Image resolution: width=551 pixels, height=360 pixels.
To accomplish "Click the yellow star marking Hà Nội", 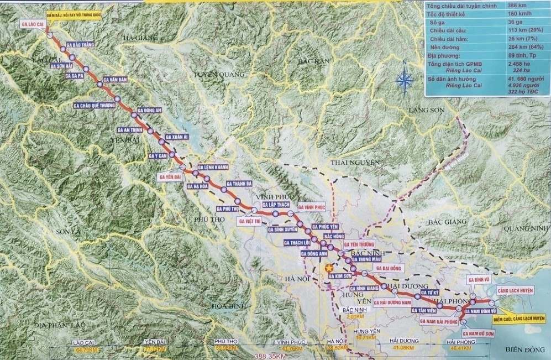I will click(322, 268).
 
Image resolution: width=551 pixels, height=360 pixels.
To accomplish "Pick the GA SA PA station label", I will click(74, 75).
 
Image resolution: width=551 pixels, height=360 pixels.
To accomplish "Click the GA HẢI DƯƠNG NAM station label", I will click(392, 302).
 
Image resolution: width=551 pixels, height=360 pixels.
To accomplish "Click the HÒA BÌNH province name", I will click(228, 305).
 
